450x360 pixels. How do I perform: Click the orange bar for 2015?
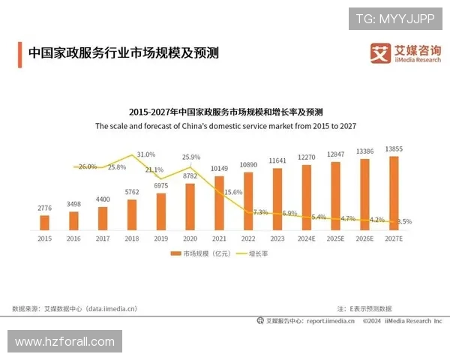[x=44, y=223]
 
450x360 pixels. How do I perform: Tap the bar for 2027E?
[x=394, y=193]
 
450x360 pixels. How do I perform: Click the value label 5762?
[x=132, y=192]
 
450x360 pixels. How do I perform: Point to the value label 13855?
[x=394, y=149]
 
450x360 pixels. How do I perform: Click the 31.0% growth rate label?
[x=145, y=154]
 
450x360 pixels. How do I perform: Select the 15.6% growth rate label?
[x=233, y=192]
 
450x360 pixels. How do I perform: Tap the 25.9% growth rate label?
[x=191, y=157]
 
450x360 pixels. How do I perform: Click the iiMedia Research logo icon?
[x=381, y=52]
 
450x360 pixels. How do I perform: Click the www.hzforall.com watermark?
[x=65, y=342]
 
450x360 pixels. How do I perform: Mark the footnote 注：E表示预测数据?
[x=364, y=308]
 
